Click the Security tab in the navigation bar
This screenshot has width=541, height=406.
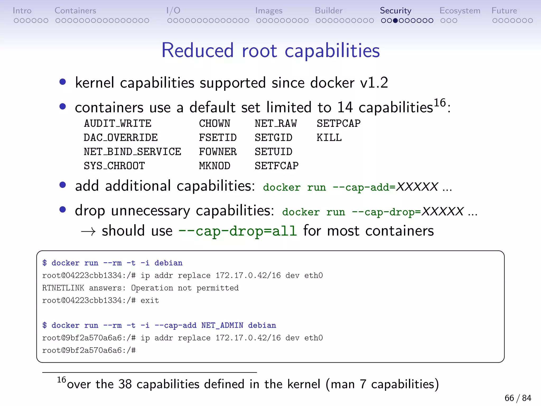[395, 11]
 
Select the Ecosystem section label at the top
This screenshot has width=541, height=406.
[460, 11]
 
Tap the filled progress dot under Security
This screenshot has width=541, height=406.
[395, 21]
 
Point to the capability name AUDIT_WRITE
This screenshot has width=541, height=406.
[118, 124]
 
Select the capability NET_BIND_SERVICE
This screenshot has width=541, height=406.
[132, 152]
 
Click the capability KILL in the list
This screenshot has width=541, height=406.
[329, 138]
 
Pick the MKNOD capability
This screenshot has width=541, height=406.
[214, 166]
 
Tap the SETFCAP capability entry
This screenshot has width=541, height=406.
[277, 166]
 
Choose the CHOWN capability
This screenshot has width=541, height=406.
[214, 124]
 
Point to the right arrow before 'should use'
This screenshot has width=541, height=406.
[88, 232]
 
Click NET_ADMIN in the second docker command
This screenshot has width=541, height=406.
[222, 325]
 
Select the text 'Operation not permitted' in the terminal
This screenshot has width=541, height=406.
[185, 288]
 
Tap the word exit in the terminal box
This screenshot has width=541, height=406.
[150, 301]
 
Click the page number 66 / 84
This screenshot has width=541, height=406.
[517, 398]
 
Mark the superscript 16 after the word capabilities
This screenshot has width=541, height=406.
[440, 103]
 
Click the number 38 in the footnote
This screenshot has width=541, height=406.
[125, 384]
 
